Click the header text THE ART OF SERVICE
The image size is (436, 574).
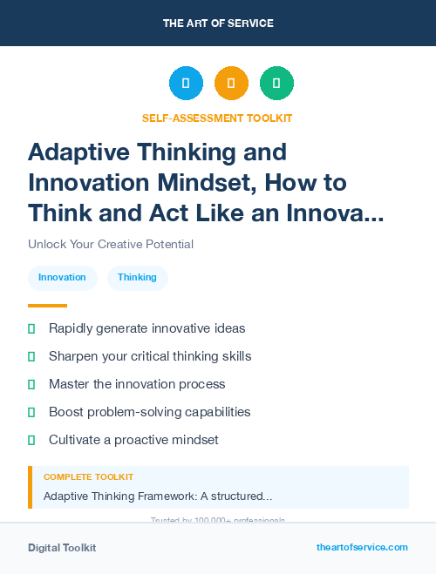coord(218,24)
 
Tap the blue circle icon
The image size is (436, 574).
coord(186,84)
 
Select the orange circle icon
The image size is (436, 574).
coord(231,84)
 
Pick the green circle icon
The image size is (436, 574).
coord(276,84)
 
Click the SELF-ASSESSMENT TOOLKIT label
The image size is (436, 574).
coord(218,118)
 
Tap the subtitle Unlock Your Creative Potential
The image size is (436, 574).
coord(111,244)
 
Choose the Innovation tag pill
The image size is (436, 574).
coord(62,277)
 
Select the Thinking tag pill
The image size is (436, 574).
coord(137,277)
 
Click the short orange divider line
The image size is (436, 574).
coord(47,306)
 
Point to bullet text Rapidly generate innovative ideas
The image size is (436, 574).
coord(146,328)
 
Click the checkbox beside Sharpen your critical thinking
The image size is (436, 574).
coord(31,356)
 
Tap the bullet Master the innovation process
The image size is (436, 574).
coord(137,384)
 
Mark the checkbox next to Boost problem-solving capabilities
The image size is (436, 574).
coord(31,412)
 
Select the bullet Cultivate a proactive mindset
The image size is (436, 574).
coord(133,440)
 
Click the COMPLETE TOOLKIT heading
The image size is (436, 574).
coord(88,477)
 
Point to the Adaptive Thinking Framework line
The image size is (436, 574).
coord(158,496)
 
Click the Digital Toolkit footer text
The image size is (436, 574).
coord(62,548)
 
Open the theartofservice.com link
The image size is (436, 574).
coord(362,547)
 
